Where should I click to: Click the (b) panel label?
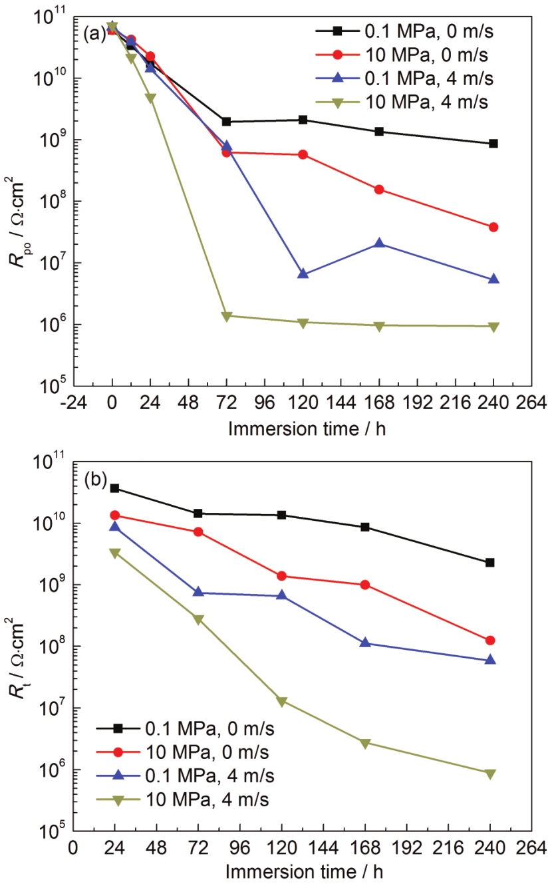(x=94, y=480)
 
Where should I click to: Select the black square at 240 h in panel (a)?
(x=493, y=144)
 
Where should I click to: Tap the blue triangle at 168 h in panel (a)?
(x=379, y=243)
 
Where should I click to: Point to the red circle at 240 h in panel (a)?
(x=493, y=227)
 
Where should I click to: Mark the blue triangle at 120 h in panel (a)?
(x=303, y=273)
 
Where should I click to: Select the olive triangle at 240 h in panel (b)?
(x=490, y=774)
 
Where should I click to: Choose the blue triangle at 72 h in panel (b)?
(x=198, y=592)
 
